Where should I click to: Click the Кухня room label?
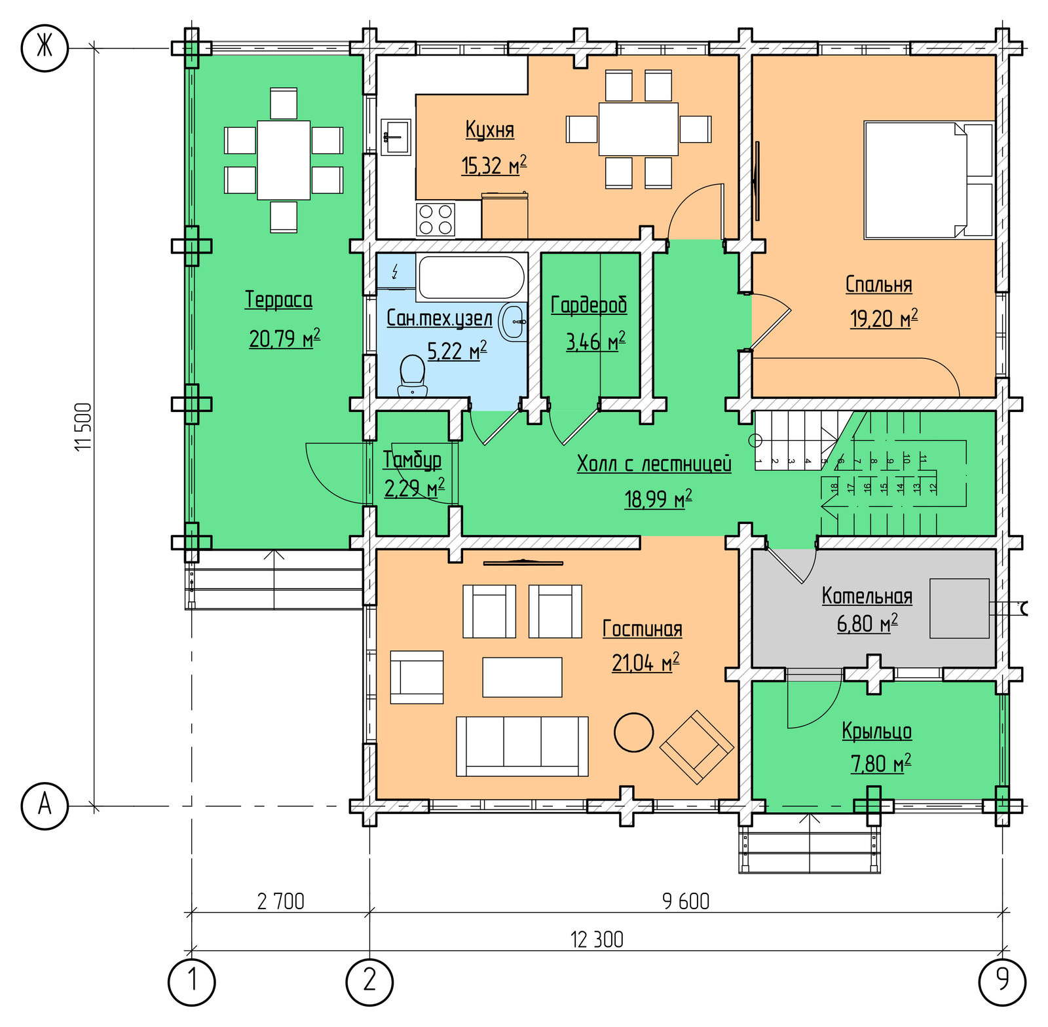coord(489,129)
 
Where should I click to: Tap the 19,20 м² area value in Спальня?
coord(884,318)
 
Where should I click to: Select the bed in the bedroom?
coord(929,180)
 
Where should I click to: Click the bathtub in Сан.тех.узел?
coord(471,277)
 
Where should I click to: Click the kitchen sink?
coord(396,137)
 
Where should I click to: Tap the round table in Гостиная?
coord(633,732)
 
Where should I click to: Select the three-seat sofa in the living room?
coord(522,746)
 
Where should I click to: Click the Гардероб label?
coord(589,305)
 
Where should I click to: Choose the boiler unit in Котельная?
coord(959,608)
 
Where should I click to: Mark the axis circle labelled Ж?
coord(45,47)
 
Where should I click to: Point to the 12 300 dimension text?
coord(597,940)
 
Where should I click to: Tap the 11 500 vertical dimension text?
coord(84,426)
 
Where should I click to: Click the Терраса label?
coord(278,299)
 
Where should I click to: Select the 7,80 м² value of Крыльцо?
coord(880,764)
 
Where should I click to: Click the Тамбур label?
coord(412,460)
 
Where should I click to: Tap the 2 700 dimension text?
coord(281,902)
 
